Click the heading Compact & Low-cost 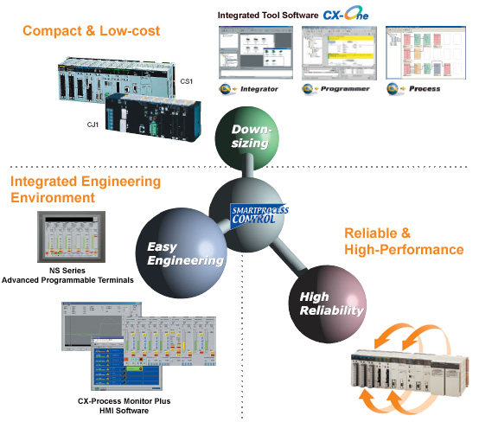pyautogui.click(x=91, y=32)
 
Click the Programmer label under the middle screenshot pyautogui.click(x=340, y=88)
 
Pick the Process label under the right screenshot pyautogui.click(x=419, y=88)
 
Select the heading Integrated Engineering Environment pyautogui.click(x=85, y=189)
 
